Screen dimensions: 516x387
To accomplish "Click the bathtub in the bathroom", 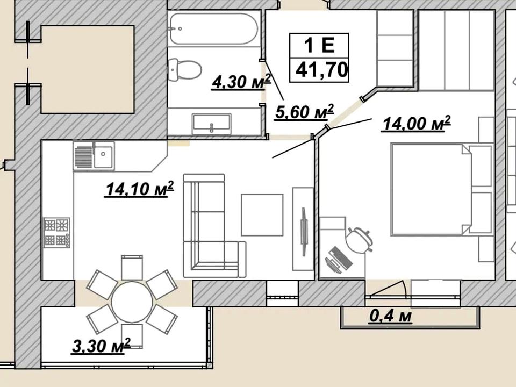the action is coord(213,28).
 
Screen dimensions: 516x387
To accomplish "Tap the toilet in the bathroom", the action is coord(184,69).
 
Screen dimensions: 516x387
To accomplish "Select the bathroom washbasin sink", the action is coord(212,124).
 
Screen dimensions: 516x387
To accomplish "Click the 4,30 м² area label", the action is coord(241,82).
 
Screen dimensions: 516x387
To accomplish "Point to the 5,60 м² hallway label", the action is coord(304,112).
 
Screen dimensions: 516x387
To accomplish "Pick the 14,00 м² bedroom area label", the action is coord(416,124).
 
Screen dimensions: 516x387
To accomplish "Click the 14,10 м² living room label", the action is coord(139,189).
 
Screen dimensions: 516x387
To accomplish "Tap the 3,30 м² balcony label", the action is coord(101,346).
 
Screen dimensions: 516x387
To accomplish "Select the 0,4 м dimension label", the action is coord(391,316).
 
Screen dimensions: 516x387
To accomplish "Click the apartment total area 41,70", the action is coord(322,70).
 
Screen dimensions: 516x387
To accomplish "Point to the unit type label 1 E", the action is coord(319,45).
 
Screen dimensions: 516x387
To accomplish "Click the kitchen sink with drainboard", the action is coord(94,156).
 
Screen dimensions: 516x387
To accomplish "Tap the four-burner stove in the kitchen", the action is coord(57,232).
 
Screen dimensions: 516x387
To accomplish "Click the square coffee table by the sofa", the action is coord(262,215).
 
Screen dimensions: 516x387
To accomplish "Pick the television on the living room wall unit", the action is coord(304,231).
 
